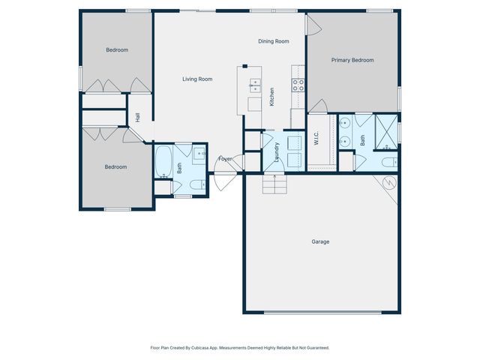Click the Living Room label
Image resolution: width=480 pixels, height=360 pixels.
point(198,79)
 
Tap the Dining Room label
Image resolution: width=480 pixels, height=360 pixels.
point(273,42)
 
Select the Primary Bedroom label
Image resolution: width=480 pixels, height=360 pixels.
point(352,60)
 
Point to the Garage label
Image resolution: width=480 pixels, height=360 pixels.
point(320,241)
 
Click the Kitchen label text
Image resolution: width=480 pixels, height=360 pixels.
point(271,97)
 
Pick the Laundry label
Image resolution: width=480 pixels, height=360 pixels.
point(277,151)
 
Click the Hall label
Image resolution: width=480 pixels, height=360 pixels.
point(138,118)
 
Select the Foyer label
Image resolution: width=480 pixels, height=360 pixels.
point(225,159)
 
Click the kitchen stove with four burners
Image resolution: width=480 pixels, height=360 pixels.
point(298,85)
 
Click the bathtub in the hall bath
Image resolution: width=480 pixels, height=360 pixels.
point(164,161)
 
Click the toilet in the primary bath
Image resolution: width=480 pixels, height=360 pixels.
point(389,162)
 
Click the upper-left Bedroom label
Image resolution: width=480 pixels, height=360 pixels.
point(116,50)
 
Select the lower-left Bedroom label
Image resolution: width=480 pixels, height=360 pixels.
point(115,167)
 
